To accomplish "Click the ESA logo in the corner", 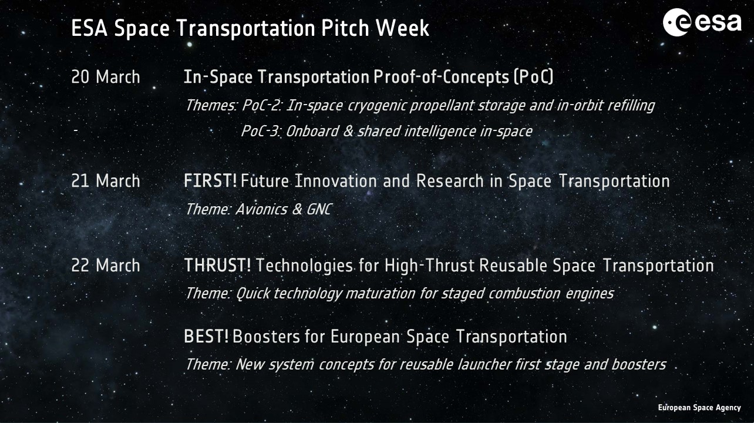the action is [x=702, y=22].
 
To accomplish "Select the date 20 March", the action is [x=106, y=77].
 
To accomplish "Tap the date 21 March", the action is [x=106, y=181].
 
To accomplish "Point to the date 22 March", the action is [x=106, y=266].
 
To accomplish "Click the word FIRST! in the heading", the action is [x=210, y=181].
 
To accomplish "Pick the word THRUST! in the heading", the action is [x=217, y=266].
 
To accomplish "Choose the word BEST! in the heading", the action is [x=206, y=337].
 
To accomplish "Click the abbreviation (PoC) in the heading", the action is [x=534, y=77].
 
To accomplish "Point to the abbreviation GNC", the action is [x=319, y=209].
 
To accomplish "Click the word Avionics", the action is [x=261, y=209].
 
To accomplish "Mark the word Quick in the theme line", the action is [x=253, y=293].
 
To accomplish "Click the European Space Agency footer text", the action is [x=699, y=408].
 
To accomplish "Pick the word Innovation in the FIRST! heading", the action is [x=335, y=181].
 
